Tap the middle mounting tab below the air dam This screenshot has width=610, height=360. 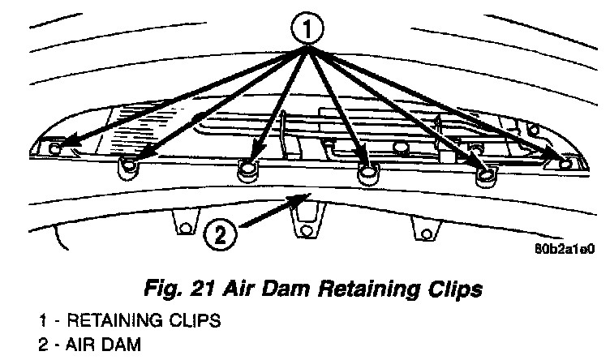[x=305, y=230]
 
